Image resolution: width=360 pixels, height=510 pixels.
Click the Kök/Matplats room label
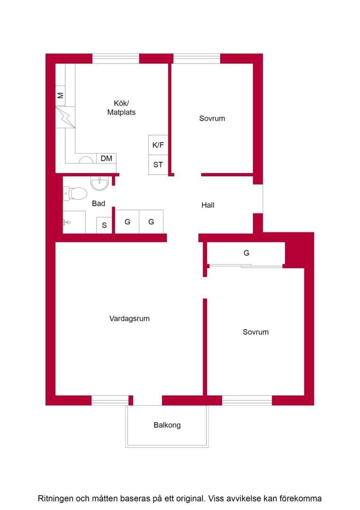[121, 108]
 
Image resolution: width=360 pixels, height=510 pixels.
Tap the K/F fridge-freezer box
[158, 145]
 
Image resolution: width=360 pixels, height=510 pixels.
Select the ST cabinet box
[158, 165]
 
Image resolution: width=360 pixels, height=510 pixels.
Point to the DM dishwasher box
[106, 158]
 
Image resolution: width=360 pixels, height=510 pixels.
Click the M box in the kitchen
[60, 95]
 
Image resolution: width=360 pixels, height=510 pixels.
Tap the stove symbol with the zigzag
[65, 117]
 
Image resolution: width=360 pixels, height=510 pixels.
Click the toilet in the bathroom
[75, 194]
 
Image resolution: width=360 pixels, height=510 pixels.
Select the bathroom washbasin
[100, 184]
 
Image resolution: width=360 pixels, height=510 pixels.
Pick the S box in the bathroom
[104, 225]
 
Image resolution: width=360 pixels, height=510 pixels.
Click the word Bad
[99, 204]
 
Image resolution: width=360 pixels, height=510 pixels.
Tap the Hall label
[208, 205]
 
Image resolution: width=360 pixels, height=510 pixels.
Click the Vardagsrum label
[129, 318]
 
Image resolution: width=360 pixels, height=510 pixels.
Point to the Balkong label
[167, 425]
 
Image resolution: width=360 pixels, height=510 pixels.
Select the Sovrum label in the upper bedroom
[212, 119]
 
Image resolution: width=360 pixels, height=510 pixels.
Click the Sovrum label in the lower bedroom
[256, 332]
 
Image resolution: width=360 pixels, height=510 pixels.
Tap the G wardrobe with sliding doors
[246, 254]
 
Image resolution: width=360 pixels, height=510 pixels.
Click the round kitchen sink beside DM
[86, 160]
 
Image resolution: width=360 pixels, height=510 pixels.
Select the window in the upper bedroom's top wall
[197, 59]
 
